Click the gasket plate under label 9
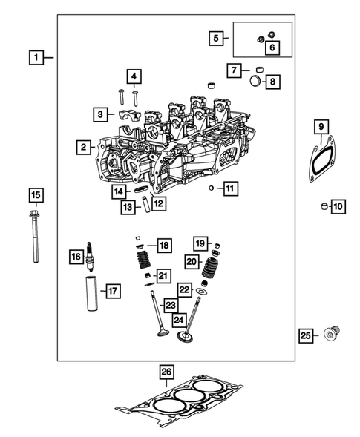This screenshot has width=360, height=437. click(320, 162)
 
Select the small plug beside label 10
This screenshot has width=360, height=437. click(324, 206)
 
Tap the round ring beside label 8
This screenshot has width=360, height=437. click(253, 81)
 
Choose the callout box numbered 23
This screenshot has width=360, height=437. click(171, 304)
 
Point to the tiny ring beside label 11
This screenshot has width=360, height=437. click(212, 188)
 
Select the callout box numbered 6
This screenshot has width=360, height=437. click(271, 47)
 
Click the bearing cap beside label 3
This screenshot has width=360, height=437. click(125, 115)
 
